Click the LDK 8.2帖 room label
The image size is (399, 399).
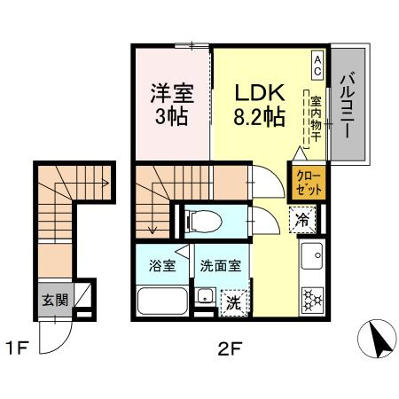pos(259,104)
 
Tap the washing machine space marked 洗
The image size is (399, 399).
pos(231,301)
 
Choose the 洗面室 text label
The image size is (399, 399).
pos(222,264)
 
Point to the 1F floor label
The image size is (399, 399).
pos(20,348)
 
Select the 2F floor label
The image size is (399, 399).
pos(230,348)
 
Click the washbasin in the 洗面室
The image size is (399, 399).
pos(204,299)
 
